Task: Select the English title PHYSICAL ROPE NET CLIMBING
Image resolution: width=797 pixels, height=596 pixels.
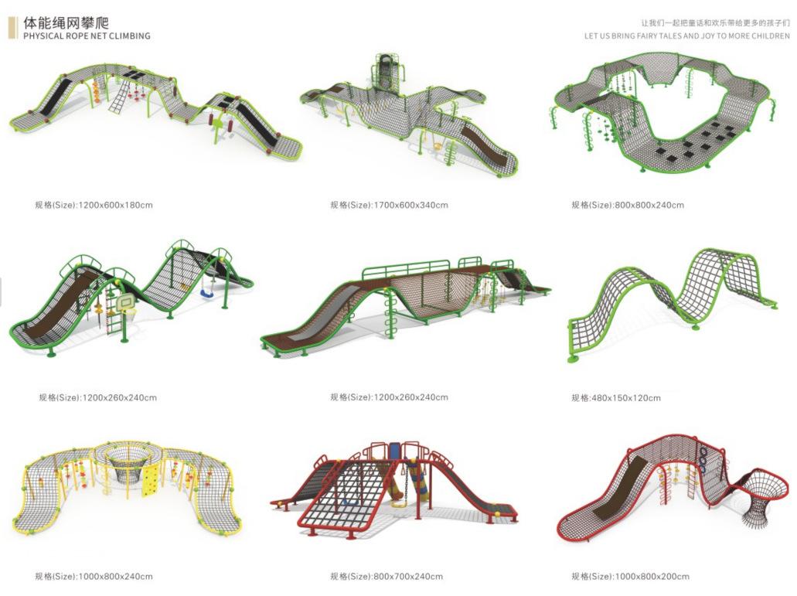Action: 87,36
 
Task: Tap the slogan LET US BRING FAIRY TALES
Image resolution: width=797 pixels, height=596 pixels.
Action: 687,36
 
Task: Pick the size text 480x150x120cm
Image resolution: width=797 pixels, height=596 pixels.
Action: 616,398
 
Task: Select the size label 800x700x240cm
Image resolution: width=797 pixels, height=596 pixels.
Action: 387,576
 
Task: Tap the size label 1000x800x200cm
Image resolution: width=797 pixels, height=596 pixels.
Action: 630,576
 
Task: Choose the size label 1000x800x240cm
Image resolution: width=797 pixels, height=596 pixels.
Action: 94,576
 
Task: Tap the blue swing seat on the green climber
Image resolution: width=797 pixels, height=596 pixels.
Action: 206,294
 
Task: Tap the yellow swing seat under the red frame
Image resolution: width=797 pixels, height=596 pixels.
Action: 398,503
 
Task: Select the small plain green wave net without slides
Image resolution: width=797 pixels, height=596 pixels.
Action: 673,298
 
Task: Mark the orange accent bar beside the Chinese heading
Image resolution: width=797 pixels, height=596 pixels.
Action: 12,28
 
